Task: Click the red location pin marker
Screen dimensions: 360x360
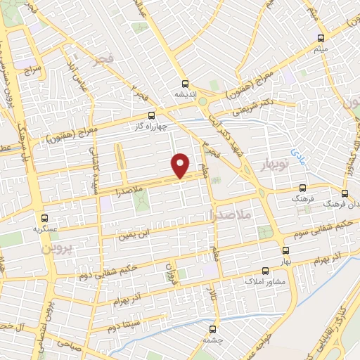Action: click(x=181, y=165)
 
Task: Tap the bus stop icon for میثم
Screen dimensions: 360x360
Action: click(x=321, y=38)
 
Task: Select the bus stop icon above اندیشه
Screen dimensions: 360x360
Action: click(x=185, y=82)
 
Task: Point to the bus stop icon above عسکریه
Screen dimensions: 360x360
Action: click(x=46, y=218)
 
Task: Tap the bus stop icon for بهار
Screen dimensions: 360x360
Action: click(x=285, y=250)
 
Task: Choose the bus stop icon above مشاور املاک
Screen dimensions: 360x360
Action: click(x=265, y=270)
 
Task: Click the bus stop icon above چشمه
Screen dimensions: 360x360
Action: click(x=212, y=328)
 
